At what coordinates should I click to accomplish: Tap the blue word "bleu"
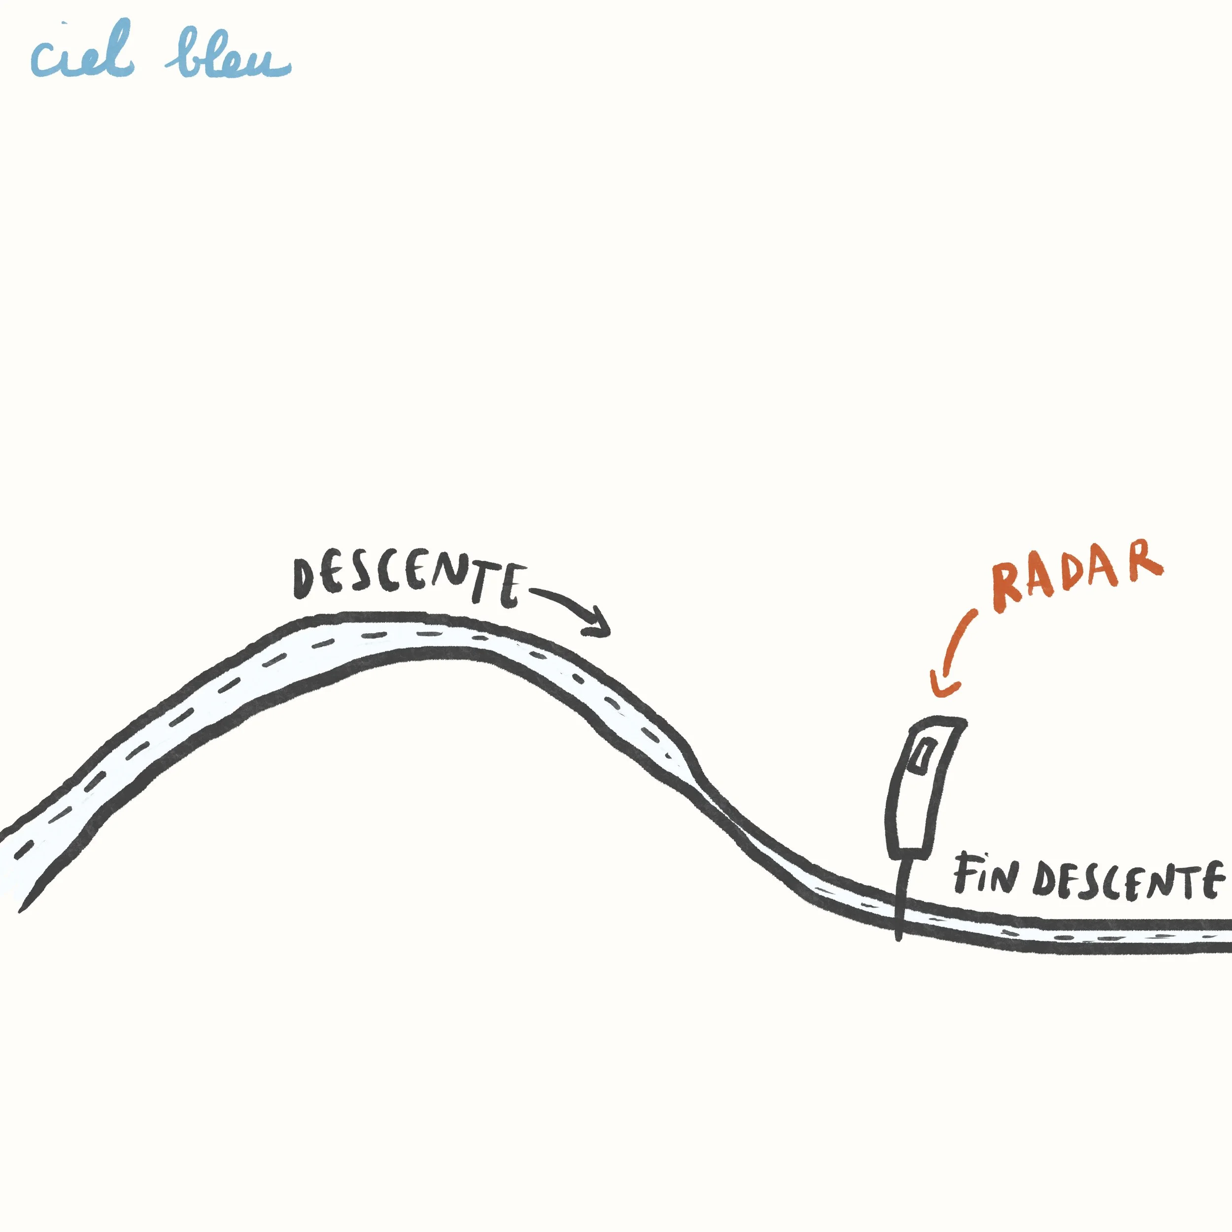click(x=228, y=56)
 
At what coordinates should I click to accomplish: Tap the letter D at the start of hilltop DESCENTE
click(x=305, y=579)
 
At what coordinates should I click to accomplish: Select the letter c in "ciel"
click(x=46, y=59)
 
